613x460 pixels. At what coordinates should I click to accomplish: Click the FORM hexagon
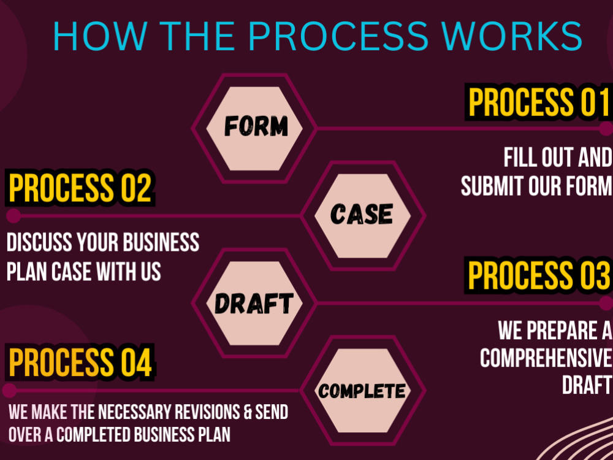[x=254, y=128]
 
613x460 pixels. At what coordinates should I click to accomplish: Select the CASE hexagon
[x=363, y=215]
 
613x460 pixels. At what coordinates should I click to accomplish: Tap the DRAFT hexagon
[x=254, y=303]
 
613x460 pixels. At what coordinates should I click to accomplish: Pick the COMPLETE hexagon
[x=363, y=390]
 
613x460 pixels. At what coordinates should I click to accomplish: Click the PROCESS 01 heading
[x=539, y=102]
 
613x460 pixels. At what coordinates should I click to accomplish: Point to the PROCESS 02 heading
[x=80, y=188]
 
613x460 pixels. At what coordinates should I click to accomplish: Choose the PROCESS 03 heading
[x=539, y=275]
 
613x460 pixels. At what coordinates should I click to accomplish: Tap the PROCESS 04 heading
[x=80, y=362]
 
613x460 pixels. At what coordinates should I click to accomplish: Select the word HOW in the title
[x=101, y=36]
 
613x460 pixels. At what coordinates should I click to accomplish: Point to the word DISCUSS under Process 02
[x=39, y=242]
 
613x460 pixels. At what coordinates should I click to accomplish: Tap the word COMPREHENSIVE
[x=546, y=358]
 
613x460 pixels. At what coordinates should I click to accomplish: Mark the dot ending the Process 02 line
[x=13, y=215]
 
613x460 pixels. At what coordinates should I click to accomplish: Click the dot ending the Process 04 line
[x=9, y=390]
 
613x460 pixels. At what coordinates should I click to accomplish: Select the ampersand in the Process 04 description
[x=247, y=412]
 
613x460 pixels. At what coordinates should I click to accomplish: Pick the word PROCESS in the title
[x=338, y=36]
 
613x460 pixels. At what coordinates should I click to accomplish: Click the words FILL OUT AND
[x=558, y=157]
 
